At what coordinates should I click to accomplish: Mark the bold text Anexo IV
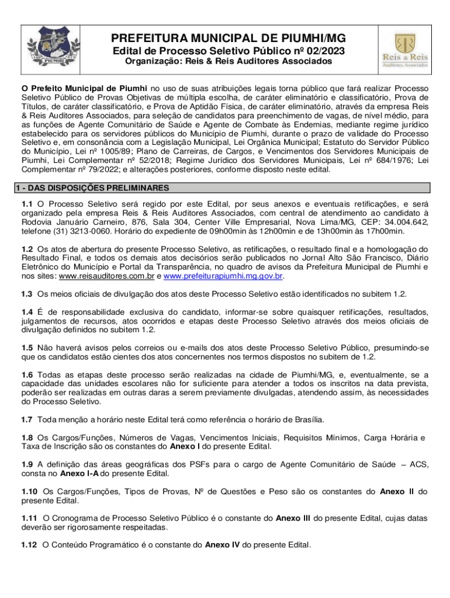(x=222, y=545)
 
